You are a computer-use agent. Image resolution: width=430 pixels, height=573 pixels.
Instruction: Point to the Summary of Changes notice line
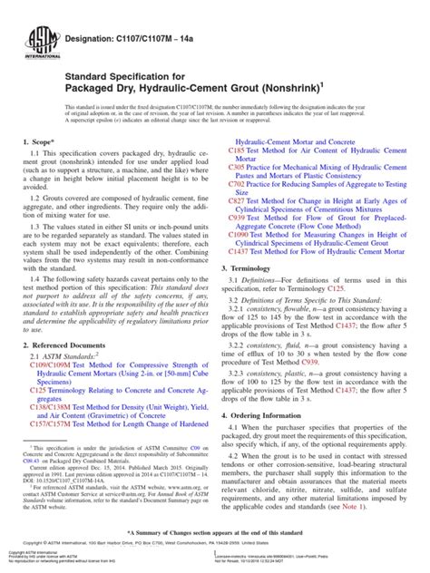pyautogui.click(x=215, y=532)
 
